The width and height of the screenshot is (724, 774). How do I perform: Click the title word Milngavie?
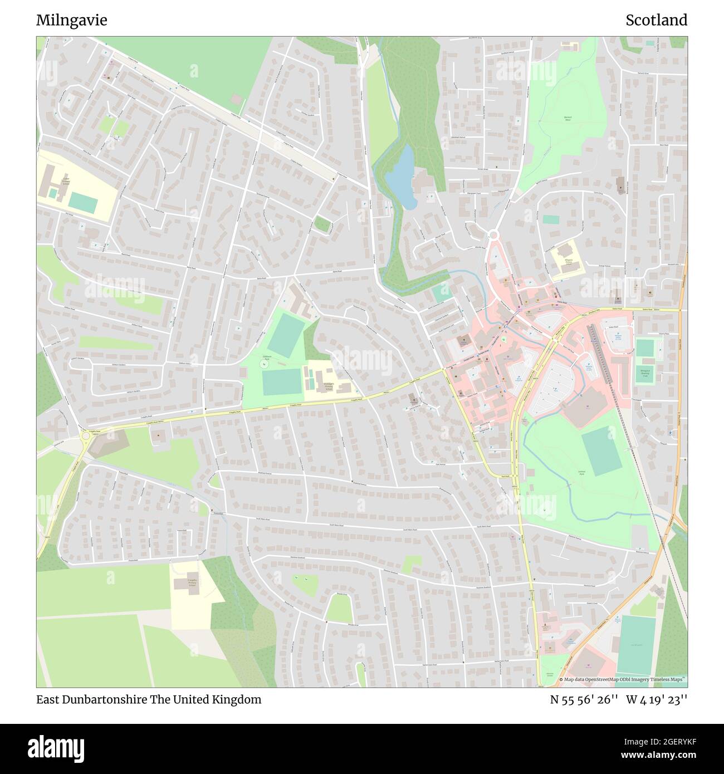(x=71, y=20)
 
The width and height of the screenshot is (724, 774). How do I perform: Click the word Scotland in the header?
(x=656, y=20)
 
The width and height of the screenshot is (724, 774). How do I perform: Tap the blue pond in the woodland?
(x=401, y=177)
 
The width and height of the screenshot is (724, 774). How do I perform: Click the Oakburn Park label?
(x=266, y=357)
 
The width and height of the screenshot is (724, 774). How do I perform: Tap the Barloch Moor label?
(x=568, y=119)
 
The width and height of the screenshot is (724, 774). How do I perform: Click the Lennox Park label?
(x=580, y=472)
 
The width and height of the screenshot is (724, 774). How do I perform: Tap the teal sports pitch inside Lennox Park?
(x=601, y=452)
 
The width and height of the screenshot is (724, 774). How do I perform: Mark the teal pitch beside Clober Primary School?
(x=84, y=203)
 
